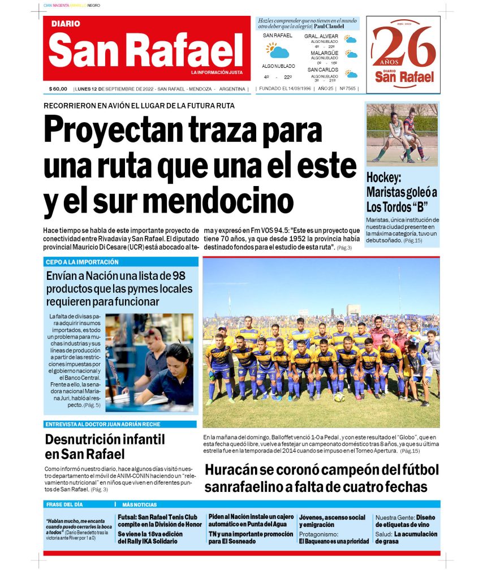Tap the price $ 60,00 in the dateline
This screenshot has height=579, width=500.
click(58, 89)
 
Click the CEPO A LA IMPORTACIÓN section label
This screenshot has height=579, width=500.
click(83, 262)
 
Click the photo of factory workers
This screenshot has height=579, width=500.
click(149, 362)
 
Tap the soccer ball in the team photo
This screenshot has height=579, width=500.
click(339, 396)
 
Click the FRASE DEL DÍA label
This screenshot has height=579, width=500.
click(64, 504)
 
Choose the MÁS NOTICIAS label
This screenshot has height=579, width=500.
click(139, 504)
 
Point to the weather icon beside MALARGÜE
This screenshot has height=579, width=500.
click(352, 55)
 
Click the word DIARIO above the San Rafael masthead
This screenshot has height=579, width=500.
click(66, 24)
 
